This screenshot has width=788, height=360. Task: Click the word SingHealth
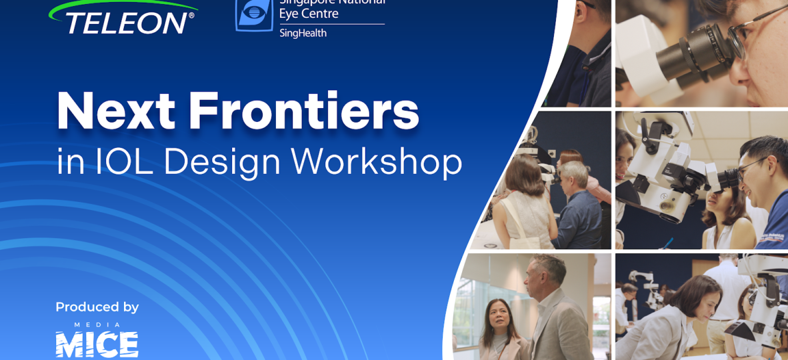tap(303, 33)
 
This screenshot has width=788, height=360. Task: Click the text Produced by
tap(97, 307)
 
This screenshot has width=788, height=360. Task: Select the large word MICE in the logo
tap(97, 345)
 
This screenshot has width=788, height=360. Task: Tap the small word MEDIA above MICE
tap(97, 325)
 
